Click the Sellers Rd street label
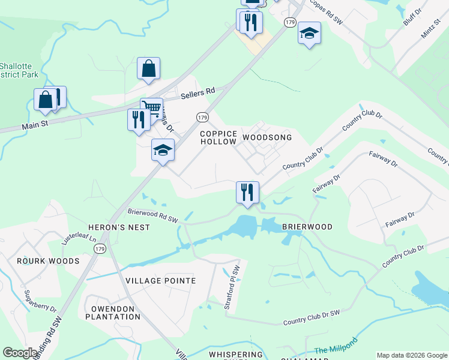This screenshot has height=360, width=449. (198, 93)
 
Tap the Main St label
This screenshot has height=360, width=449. (34, 126)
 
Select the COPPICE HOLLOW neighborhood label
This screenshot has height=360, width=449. (218, 137)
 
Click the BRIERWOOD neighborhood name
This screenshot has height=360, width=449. (307, 227)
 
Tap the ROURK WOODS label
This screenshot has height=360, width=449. (48, 261)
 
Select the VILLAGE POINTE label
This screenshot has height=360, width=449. (161, 281)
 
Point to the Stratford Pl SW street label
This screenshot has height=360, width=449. (232, 287)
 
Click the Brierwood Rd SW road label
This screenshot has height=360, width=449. (154, 215)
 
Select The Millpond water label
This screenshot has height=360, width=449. (336, 346)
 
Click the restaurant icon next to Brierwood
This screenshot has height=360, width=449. (247, 193)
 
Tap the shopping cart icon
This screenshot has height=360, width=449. (152, 109)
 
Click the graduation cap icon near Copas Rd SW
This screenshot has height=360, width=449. (309, 33)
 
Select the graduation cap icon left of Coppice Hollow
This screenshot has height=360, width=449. (163, 150)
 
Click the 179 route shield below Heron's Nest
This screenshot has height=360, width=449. (100, 248)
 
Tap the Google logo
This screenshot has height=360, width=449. (20, 353)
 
